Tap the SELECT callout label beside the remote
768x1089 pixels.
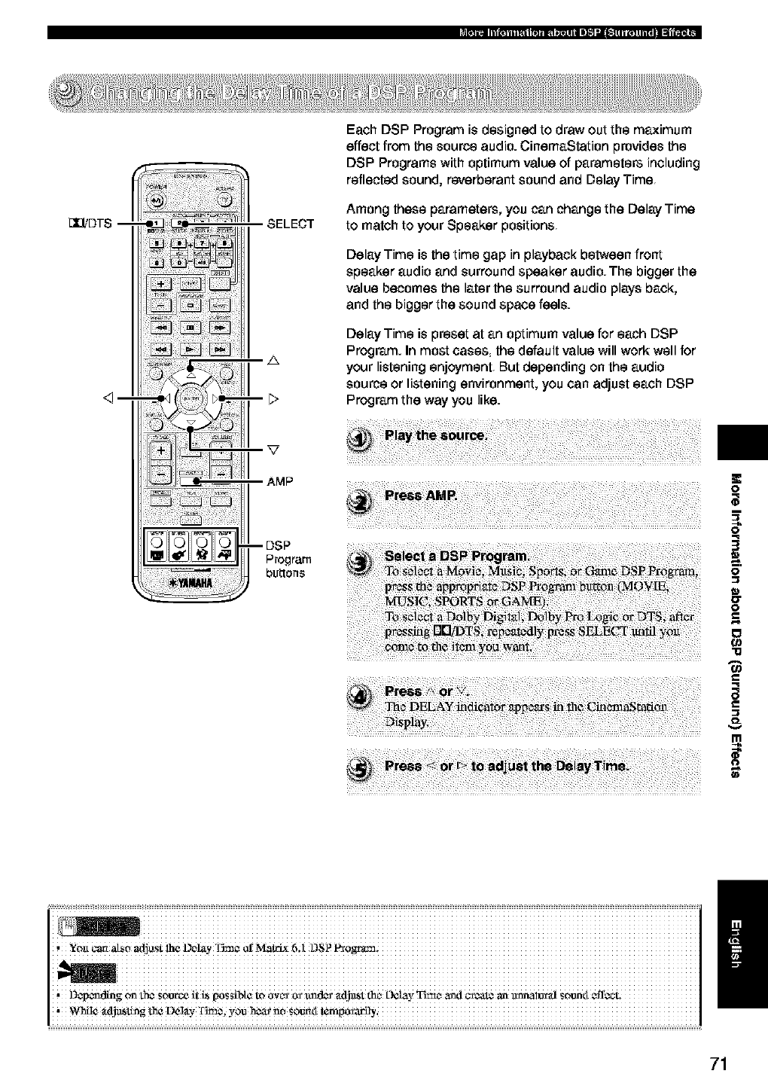coord(290,224)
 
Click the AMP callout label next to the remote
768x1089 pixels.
coord(281,481)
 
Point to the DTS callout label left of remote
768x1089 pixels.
coord(90,223)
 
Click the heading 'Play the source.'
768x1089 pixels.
coord(436,436)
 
